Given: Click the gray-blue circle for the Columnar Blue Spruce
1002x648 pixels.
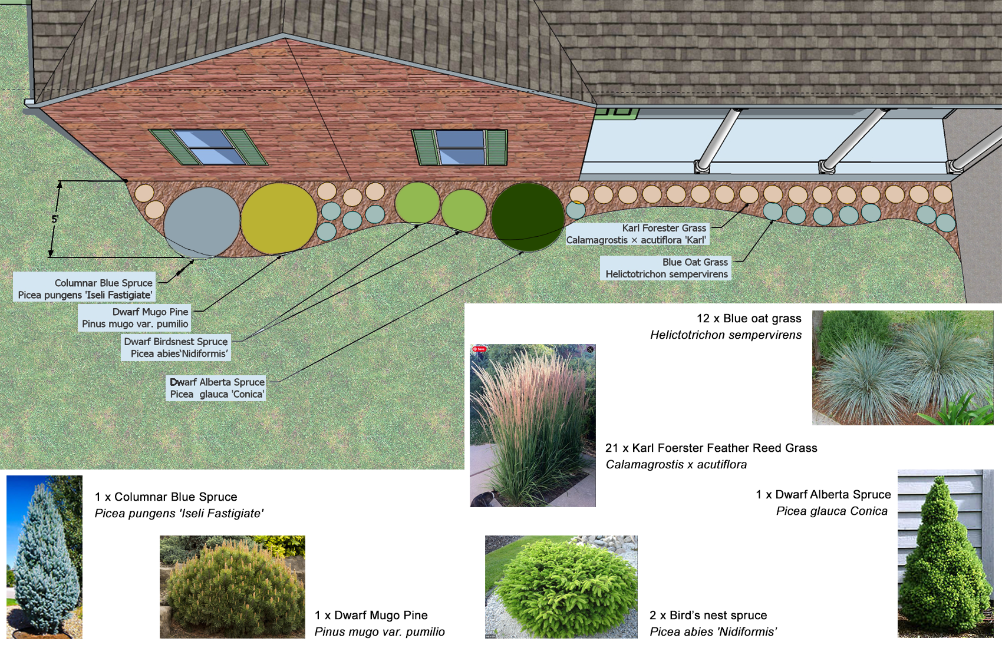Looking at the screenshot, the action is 202,223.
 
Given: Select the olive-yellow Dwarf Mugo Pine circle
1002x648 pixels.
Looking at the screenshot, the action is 279,219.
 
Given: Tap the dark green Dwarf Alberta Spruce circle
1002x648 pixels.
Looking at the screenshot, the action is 528,217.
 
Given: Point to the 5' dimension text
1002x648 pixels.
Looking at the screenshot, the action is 55,219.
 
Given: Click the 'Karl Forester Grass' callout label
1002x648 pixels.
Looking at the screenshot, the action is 636,234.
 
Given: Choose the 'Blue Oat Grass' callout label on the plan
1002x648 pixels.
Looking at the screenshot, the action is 666,268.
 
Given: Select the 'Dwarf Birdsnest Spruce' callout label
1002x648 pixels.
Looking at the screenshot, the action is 176,348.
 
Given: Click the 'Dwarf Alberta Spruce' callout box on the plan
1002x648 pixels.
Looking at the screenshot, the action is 216,388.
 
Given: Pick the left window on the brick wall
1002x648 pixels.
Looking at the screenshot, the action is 209,147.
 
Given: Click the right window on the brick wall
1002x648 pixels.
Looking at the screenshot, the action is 460,147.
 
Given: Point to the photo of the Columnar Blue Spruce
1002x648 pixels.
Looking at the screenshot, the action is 44,556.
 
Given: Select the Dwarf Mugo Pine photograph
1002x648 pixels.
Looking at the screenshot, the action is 232,587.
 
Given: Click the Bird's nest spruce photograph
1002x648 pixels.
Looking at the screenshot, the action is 561,587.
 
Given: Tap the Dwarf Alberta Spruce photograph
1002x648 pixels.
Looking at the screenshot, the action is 945,553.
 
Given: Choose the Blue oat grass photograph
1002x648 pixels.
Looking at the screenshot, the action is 903,368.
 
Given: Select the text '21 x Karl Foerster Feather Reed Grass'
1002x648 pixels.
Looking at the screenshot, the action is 711,448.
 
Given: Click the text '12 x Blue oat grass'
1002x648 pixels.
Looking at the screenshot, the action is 749,319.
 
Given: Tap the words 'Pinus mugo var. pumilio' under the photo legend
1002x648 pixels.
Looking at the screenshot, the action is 380,632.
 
